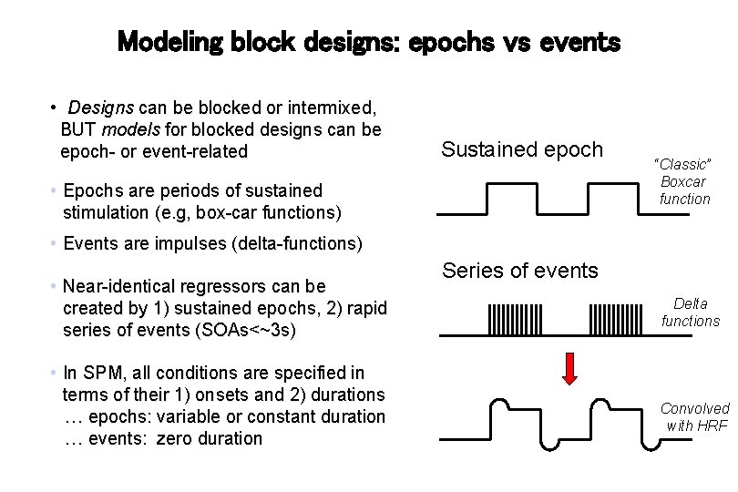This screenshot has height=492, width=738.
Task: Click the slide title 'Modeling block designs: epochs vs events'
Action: (369, 41)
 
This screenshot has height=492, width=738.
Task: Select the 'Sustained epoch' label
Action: (522, 149)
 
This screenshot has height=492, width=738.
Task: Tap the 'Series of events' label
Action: (520, 270)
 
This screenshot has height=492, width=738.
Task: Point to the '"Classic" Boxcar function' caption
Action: (683, 180)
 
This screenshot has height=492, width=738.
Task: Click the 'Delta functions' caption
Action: (691, 312)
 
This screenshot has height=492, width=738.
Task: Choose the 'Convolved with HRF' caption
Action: (694, 416)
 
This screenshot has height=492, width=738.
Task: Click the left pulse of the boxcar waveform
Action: (509, 198)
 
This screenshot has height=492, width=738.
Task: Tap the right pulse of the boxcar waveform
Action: (608, 198)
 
